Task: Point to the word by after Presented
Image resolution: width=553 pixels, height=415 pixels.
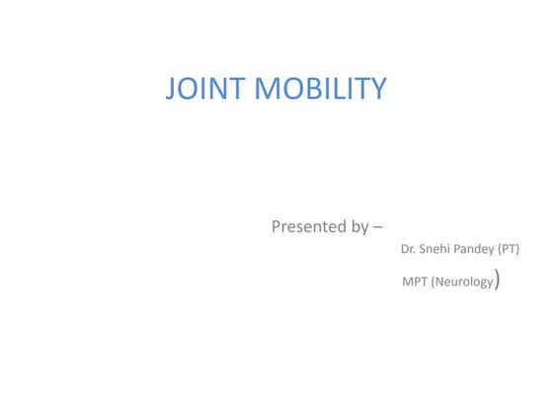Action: coord(360,227)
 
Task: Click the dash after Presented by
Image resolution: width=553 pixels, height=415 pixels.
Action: coord(379,227)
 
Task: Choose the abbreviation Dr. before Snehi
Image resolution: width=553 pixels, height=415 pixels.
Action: coord(408,249)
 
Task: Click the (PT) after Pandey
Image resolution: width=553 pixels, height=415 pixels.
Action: coord(510,249)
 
